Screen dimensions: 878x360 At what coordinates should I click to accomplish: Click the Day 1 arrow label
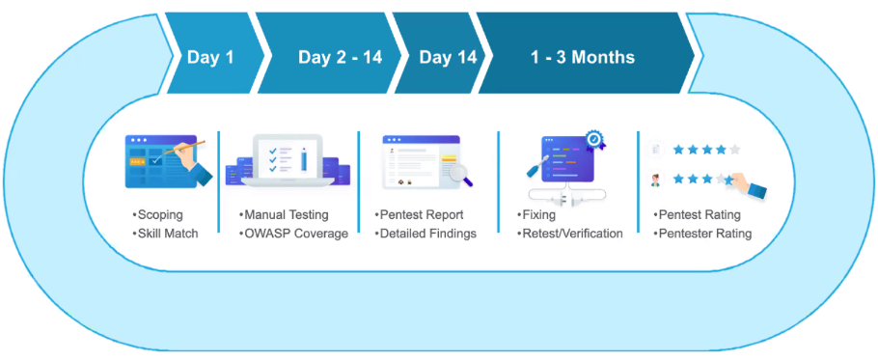(x=210, y=57)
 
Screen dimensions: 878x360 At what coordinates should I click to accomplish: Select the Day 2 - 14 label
(x=340, y=57)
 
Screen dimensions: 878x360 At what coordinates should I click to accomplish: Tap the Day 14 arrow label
(x=448, y=57)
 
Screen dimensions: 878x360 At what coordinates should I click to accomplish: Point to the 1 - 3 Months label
(x=583, y=57)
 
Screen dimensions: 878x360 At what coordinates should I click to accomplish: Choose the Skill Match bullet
(x=165, y=234)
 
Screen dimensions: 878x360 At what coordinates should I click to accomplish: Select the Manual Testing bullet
(x=284, y=215)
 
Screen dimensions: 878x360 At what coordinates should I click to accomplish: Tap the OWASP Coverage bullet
(x=293, y=234)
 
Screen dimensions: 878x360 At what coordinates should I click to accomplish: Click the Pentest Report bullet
(x=419, y=215)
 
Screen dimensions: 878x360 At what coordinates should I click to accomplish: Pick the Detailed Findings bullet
(x=425, y=234)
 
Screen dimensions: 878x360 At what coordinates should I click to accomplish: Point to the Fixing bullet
(x=535, y=215)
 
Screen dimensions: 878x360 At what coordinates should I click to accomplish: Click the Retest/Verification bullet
(x=569, y=234)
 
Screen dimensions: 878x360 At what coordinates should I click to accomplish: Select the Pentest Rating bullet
(x=697, y=215)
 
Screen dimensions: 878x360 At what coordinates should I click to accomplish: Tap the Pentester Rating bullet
(x=702, y=234)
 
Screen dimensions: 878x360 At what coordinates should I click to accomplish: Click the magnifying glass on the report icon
(x=461, y=173)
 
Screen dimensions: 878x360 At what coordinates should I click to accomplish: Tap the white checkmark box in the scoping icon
(x=156, y=160)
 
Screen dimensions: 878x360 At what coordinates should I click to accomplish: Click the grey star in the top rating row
(x=734, y=150)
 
